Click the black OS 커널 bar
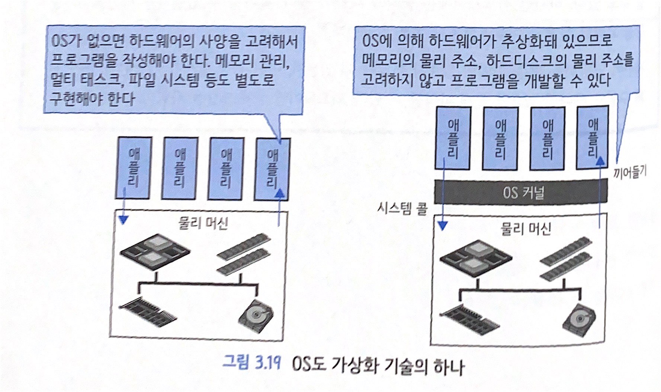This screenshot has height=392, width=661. (521, 192)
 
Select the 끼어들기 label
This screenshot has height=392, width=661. (630, 172)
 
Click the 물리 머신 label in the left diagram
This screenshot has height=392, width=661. (203, 223)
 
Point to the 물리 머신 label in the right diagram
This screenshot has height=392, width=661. (525, 229)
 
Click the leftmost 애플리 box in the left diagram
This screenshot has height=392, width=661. (134, 168)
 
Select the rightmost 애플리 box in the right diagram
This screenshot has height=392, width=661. (593, 137)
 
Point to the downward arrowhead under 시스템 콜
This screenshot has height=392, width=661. (442, 226)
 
